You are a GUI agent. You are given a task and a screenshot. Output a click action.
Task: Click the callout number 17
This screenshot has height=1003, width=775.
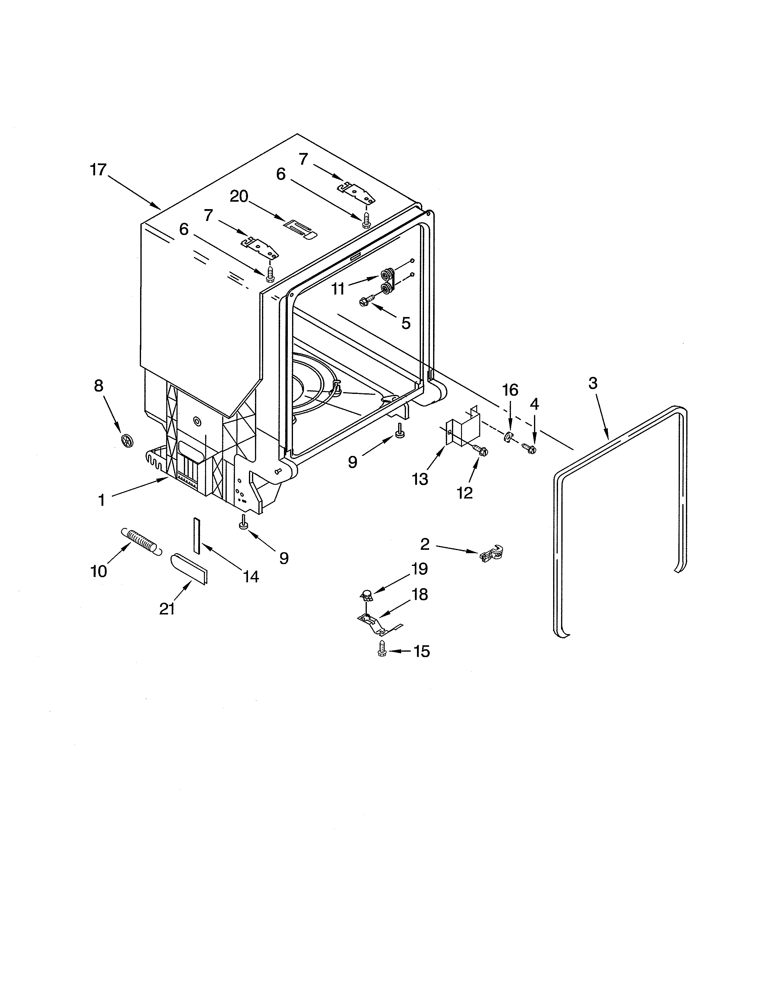[x=98, y=170]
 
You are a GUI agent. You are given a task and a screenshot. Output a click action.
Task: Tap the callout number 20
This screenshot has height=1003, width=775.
[x=239, y=197]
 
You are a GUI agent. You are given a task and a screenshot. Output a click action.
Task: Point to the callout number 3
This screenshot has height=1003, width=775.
[x=593, y=383]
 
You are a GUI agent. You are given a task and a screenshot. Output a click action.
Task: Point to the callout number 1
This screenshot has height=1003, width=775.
[x=102, y=500]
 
